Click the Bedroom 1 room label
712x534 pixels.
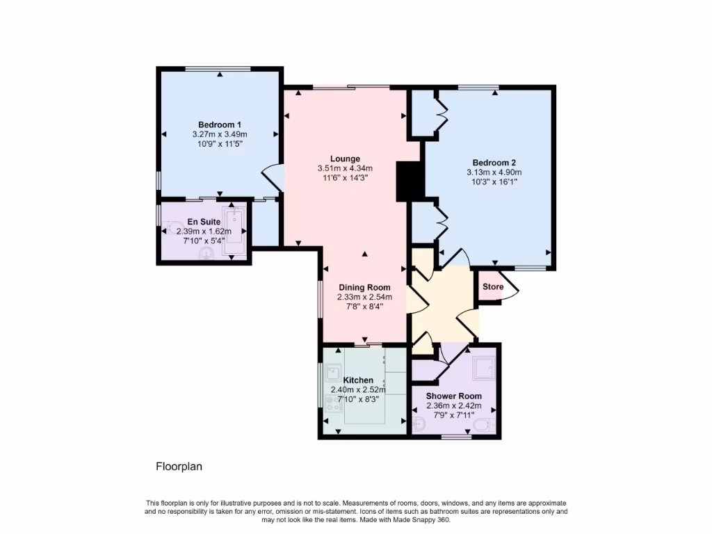pos(220,124)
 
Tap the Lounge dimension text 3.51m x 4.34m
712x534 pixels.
pos(345,168)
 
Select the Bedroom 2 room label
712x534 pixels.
pos(494,163)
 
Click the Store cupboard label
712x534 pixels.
pos(493,286)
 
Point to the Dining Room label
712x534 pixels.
pos(364,287)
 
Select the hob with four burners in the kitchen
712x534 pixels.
pos(333,403)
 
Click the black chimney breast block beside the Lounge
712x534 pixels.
pos(407,180)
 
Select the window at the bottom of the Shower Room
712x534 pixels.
pos(455,437)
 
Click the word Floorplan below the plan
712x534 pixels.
pos(178,467)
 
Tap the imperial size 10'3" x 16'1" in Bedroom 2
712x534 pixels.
pos(494,181)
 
